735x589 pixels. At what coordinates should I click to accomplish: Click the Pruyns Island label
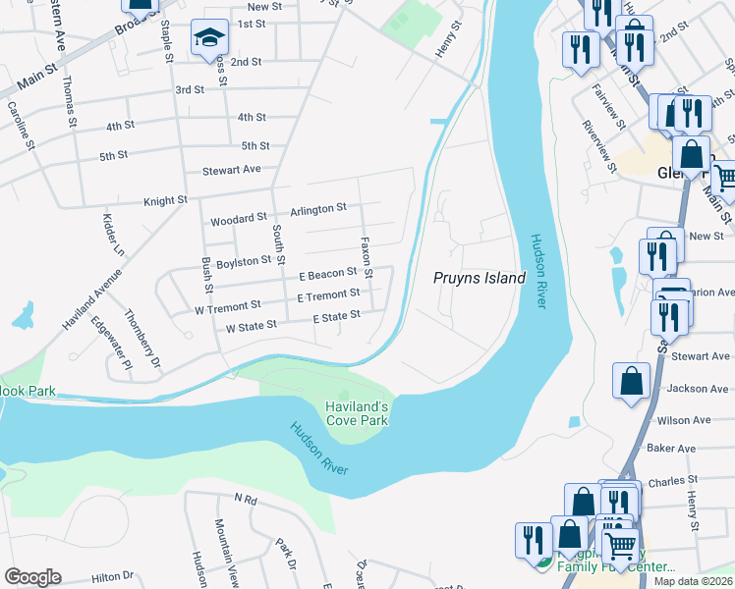pyautogui.click(x=480, y=278)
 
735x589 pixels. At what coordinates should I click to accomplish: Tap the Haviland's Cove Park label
pyautogui.click(x=358, y=413)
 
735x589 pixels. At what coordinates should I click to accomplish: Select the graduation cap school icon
pyautogui.click(x=207, y=39)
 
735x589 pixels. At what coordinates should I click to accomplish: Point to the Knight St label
pyautogui.click(x=165, y=200)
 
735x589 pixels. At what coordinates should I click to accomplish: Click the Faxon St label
pyautogui.click(x=366, y=255)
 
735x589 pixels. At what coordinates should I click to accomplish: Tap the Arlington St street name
pyautogui.click(x=318, y=208)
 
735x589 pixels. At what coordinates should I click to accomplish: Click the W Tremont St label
pyautogui.click(x=227, y=307)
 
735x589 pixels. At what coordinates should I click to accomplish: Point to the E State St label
pyautogui.click(x=336, y=316)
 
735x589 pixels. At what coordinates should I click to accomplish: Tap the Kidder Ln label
pyautogui.click(x=110, y=236)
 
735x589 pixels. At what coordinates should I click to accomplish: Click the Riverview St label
pyautogui.click(x=598, y=147)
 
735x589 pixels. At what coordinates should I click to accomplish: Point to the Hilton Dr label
pyautogui.click(x=112, y=577)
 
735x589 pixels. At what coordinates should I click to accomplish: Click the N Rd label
pyautogui.click(x=245, y=500)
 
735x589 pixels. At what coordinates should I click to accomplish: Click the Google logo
pyautogui.click(x=33, y=577)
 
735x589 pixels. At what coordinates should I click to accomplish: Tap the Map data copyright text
pyautogui.click(x=693, y=581)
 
